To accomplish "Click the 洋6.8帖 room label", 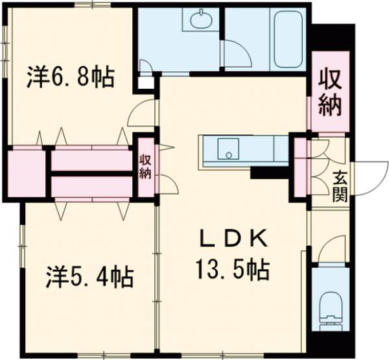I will (x=71, y=78).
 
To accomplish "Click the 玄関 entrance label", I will (x=340, y=186).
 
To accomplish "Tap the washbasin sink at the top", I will (x=200, y=20).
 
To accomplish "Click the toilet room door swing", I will (x=328, y=250).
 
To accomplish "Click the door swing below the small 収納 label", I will (x=169, y=184).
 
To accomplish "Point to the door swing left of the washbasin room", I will (x=147, y=65).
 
